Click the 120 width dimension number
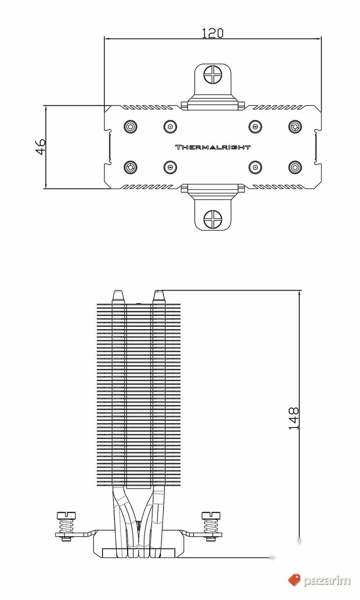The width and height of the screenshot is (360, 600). tap(212, 33)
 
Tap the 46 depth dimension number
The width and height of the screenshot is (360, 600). tap(40, 147)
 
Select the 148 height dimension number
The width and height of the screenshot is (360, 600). tap(293, 419)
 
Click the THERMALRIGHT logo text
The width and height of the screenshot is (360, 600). tap(213, 147)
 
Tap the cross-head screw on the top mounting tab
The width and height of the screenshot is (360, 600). tap(213, 74)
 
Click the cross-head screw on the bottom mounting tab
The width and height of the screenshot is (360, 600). tap(213, 218)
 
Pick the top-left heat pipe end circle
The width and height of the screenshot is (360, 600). tap(131, 126)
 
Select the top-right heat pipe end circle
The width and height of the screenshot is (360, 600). tap(295, 126)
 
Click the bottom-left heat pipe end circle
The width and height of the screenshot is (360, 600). tap(131, 167)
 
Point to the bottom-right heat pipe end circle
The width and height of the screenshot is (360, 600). tap(295, 167)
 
